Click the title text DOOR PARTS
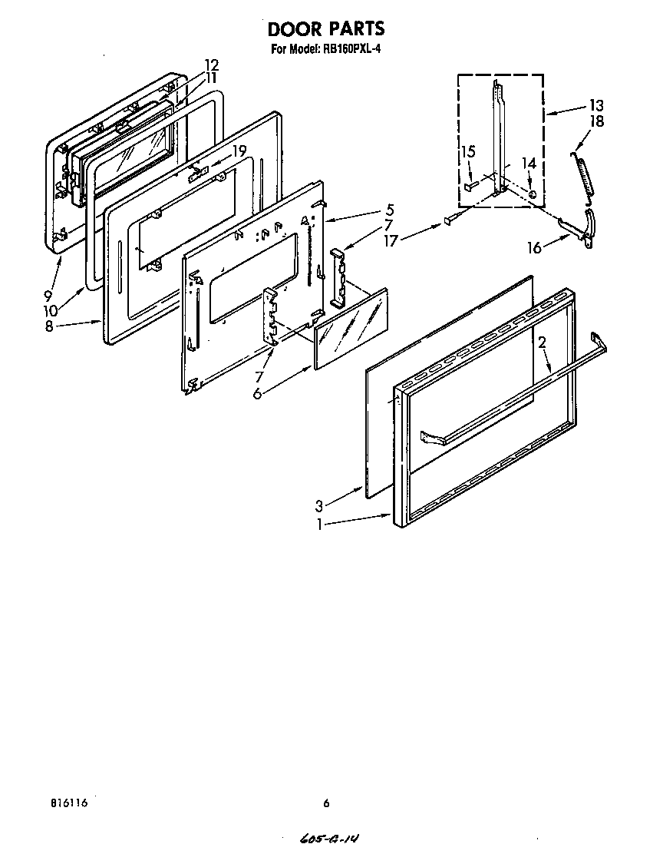(x=326, y=29)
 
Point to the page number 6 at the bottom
(x=326, y=803)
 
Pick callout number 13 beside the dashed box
(x=596, y=105)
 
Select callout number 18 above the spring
(x=596, y=121)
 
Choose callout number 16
(x=534, y=247)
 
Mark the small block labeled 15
(x=469, y=186)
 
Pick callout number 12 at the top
(x=212, y=65)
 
